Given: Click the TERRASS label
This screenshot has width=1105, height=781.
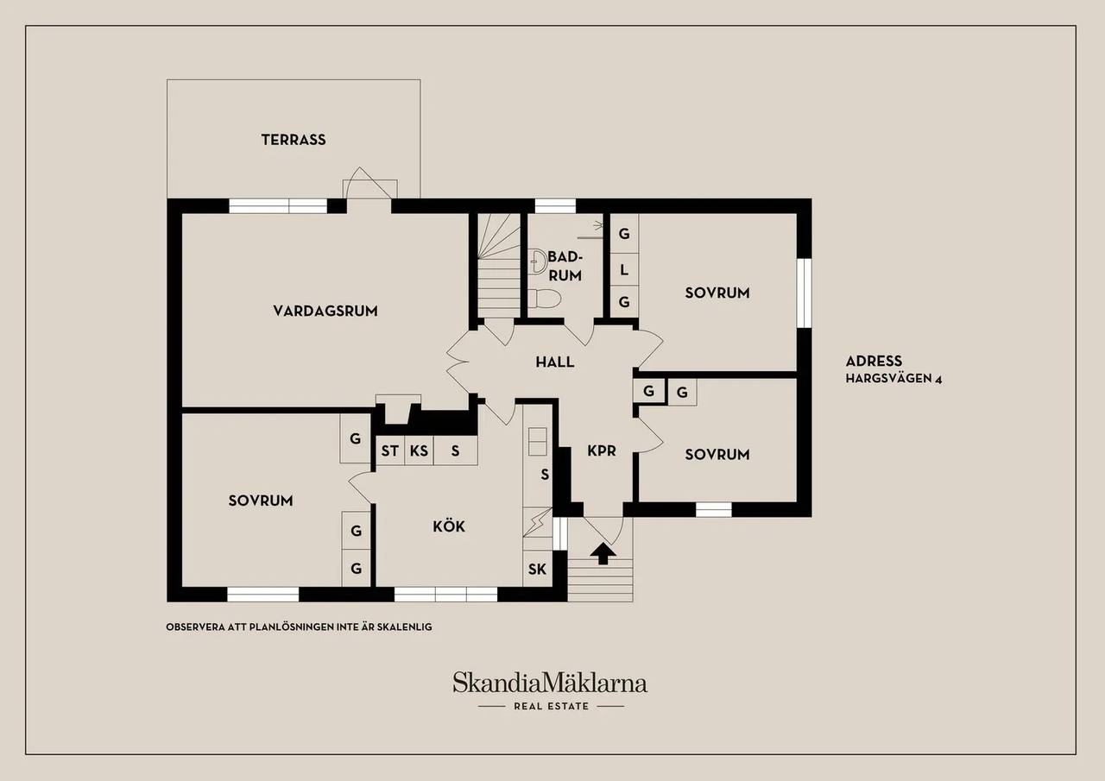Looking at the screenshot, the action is click(294, 140).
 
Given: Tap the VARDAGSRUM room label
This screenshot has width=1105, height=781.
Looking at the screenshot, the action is click(325, 311).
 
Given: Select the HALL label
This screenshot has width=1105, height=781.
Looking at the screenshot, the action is click(555, 362).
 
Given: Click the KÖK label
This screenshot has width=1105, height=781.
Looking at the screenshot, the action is click(449, 526).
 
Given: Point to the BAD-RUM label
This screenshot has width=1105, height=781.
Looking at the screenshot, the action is click(565, 267).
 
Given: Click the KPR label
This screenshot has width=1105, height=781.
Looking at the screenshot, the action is click(602, 450).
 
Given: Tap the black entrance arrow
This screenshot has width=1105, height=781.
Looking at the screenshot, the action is click(603, 554).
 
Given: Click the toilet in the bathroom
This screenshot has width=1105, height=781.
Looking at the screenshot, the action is click(544, 299).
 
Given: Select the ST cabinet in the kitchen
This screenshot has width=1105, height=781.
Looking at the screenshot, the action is click(389, 450).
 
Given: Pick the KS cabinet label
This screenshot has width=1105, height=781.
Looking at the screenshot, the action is click(419, 450).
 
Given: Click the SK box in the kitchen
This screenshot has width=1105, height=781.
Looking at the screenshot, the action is click(537, 569).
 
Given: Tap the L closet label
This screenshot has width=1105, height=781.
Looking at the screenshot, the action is click(624, 270).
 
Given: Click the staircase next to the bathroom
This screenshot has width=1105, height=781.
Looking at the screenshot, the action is click(499, 266).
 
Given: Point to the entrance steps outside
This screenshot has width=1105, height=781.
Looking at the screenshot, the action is click(600, 580).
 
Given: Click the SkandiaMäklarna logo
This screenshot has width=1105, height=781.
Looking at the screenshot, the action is click(550, 683).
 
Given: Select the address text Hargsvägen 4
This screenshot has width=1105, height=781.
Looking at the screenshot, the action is click(893, 379).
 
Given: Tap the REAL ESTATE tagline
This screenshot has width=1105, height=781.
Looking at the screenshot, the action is click(551, 706).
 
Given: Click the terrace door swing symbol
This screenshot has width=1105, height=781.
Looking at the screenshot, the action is click(369, 184).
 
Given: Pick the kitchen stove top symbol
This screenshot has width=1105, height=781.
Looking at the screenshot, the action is click(537, 441).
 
